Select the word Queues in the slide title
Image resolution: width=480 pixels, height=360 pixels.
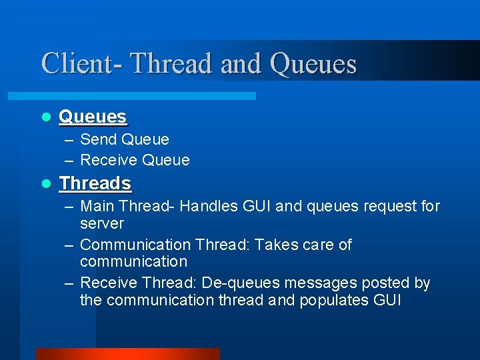(313, 65)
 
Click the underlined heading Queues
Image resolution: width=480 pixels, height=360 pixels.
(93, 117)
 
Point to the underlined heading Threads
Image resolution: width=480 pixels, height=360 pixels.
(95, 183)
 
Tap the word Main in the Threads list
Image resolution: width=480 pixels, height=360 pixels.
(97, 206)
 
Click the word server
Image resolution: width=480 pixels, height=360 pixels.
(102, 223)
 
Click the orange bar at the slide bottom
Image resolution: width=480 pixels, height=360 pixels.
(127, 353)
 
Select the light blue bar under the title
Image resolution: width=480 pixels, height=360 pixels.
(147, 96)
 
